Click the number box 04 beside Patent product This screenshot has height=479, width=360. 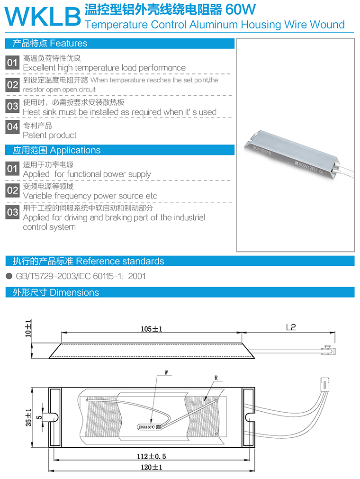coord(13,127)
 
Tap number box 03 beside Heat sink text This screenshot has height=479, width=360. coord(13,107)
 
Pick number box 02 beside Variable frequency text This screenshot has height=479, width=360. coord(13,191)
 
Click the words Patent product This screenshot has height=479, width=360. coord(49,135)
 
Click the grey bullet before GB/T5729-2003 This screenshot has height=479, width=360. coord(9,276)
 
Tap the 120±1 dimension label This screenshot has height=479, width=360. coord(151,467)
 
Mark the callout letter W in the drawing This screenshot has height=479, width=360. coord(166,373)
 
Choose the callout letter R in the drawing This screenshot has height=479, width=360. coord(216,378)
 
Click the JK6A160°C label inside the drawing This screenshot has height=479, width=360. coord(148,426)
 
